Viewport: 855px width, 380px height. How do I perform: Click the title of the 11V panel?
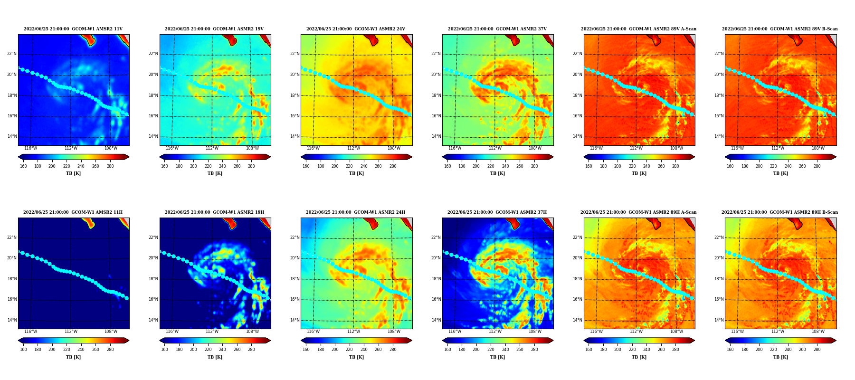(73, 29)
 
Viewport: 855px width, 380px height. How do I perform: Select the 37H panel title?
(497, 212)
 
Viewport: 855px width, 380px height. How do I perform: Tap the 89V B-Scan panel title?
(780, 29)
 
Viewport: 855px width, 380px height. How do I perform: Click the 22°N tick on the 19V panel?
(153, 54)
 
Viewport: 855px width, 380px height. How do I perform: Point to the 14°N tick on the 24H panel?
(294, 320)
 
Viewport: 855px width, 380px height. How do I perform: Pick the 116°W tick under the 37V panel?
(455, 148)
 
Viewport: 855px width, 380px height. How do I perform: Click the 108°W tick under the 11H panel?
(111, 332)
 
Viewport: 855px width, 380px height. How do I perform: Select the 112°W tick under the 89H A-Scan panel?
(636, 332)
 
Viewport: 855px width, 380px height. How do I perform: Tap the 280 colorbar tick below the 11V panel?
(110, 166)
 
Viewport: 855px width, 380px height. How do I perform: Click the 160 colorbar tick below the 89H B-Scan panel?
(730, 350)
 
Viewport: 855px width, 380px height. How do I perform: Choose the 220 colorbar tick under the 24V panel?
(349, 166)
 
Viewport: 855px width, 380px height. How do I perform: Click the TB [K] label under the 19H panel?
(215, 357)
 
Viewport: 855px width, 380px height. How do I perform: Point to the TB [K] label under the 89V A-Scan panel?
(639, 173)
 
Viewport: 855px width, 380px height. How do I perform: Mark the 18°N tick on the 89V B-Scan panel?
(719, 95)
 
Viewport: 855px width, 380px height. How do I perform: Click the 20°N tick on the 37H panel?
(436, 258)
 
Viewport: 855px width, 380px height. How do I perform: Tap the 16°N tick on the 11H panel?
(12, 299)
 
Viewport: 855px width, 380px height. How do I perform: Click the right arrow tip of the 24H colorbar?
(412, 341)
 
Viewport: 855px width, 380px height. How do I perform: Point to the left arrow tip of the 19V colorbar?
(160, 157)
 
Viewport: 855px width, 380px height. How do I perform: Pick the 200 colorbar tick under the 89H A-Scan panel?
(617, 350)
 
